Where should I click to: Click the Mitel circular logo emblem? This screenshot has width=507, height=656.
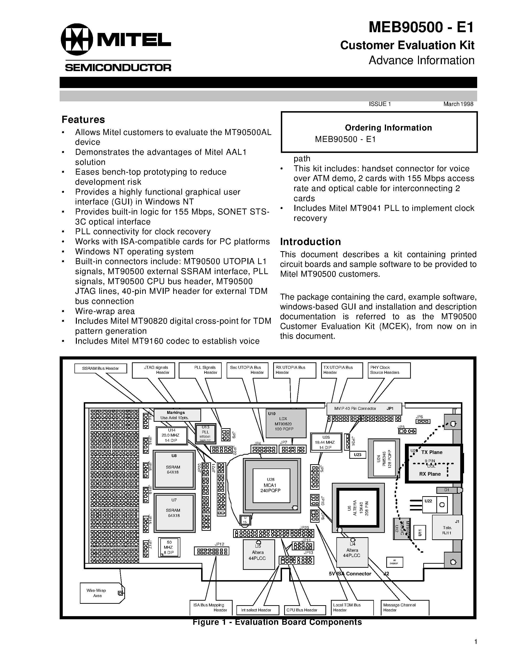click(76, 39)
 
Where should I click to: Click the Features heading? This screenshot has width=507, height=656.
click(83, 120)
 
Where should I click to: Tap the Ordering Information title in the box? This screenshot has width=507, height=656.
click(388, 128)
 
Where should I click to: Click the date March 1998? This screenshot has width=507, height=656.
click(458, 104)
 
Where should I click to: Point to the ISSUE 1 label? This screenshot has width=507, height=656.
click(380, 104)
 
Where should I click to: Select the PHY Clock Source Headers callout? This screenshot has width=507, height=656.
click(389, 370)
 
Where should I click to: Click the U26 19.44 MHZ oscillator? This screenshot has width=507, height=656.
click(326, 442)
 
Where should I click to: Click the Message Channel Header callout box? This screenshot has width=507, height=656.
click(404, 607)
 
